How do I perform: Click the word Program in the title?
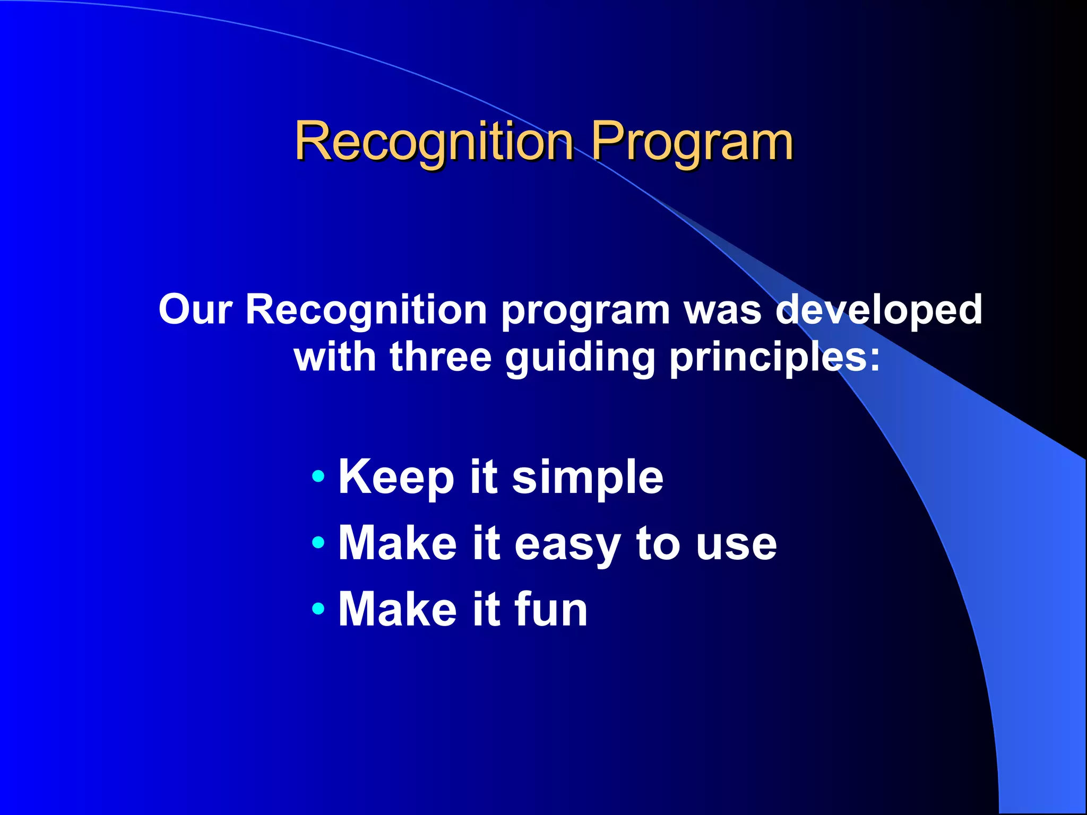692,142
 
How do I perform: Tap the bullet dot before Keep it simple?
318,475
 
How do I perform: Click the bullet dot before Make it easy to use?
318,542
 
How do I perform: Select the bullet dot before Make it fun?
318,608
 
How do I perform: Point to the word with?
335,357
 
